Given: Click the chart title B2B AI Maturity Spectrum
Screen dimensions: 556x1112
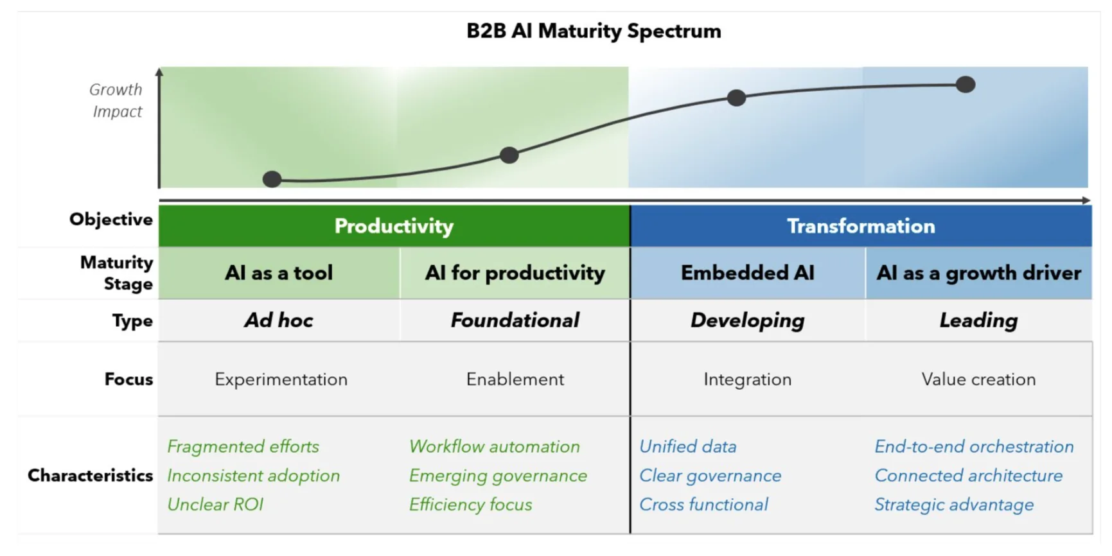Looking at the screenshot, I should pyautogui.click(x=594, y=31).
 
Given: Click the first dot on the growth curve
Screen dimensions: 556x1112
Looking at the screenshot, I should pyautogui.click(x=272, y=179).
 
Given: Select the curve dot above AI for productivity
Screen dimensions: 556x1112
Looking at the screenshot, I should pyautogui.click(x=509, y=155).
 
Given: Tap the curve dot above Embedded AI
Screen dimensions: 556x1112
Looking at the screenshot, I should pyautogui.click(x=737, y=98).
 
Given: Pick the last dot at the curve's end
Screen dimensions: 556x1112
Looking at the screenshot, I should pyautogui.click(x=966, y=84).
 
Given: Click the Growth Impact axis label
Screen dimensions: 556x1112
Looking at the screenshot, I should pyautogui.click(x=116, y=100).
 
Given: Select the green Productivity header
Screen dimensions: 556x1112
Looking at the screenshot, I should pyautogui.click(x=394, y=226).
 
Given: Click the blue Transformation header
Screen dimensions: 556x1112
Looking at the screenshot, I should pyautogui.click(x=861, y=226).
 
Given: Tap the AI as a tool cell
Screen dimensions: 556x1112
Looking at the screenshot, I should pyautogui.click(x=279, y=273).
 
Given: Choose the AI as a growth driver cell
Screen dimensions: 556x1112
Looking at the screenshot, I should pyautogui.click(x=978, y=273).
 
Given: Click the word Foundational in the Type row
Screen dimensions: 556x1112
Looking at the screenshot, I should pyautogui.click(x=515, y=320).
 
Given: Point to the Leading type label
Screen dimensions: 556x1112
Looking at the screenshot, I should pyautogui.click(x=978, y=320).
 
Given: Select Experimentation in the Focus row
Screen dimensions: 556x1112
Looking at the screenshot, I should pyautogui.click(x=281, y=379).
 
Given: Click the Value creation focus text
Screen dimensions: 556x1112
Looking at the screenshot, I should pyautogui.click(x=978, y=379).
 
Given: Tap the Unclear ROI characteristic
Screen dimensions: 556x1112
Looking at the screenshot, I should pyautogui.click(x=215, y=505).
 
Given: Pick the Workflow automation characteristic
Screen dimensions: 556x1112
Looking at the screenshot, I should pyautogui.click(x=494, y=446).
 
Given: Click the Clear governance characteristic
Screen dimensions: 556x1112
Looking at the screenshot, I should pyautogui.click(x=710, y=476).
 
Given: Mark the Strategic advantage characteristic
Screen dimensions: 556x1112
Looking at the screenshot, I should pyautogui.click(x=954, y=505).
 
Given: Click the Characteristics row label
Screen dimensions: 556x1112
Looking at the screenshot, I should pyautogui.click(x=90, y=476).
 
